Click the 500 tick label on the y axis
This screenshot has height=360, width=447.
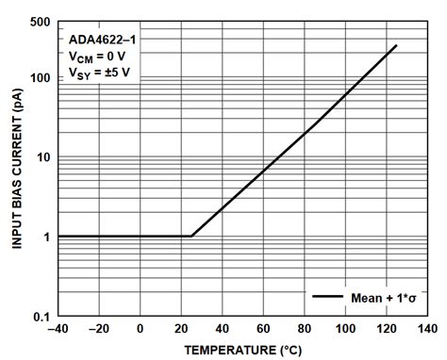[x=40, y=22]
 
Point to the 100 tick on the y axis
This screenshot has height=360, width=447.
[x=40, y=77]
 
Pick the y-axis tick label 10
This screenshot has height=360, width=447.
[x=43, y=157]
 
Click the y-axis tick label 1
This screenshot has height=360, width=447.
[x=47, y=237]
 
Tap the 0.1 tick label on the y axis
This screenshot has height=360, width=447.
[x=42, y=317]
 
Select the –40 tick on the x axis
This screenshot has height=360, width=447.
[x=58, y=329]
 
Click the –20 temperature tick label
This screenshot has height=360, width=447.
[x=98, y=329]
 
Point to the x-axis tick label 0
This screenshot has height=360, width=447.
[x=140, y=329]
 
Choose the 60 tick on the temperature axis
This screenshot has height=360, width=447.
[x=263, y=329]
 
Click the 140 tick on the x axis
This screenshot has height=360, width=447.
[x=427, y=329]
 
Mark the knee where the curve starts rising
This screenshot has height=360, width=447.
[x=191, y=236]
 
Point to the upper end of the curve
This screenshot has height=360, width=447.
[x=396, y=45]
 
